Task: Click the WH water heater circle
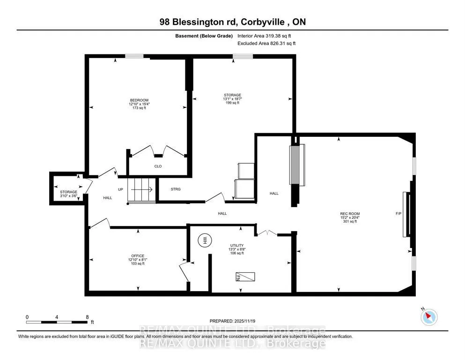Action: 204,240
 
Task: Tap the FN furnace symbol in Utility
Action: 245,277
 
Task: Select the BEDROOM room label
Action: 139,100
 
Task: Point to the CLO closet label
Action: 158,166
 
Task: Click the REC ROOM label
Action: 350,214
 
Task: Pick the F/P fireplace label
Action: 399,214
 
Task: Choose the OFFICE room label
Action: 138,256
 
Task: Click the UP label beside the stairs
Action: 120,189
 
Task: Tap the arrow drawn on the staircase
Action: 142,189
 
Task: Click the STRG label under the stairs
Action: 176,189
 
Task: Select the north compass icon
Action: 429,317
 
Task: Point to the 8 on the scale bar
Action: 87,317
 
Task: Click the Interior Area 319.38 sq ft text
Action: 264,36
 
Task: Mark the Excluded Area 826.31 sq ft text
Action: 266,43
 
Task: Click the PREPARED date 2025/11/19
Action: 244,321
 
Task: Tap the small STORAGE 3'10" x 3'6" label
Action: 68,194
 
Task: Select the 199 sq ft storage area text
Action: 232,103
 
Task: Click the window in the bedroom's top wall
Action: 134,56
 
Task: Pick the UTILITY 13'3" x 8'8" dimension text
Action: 237,249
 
